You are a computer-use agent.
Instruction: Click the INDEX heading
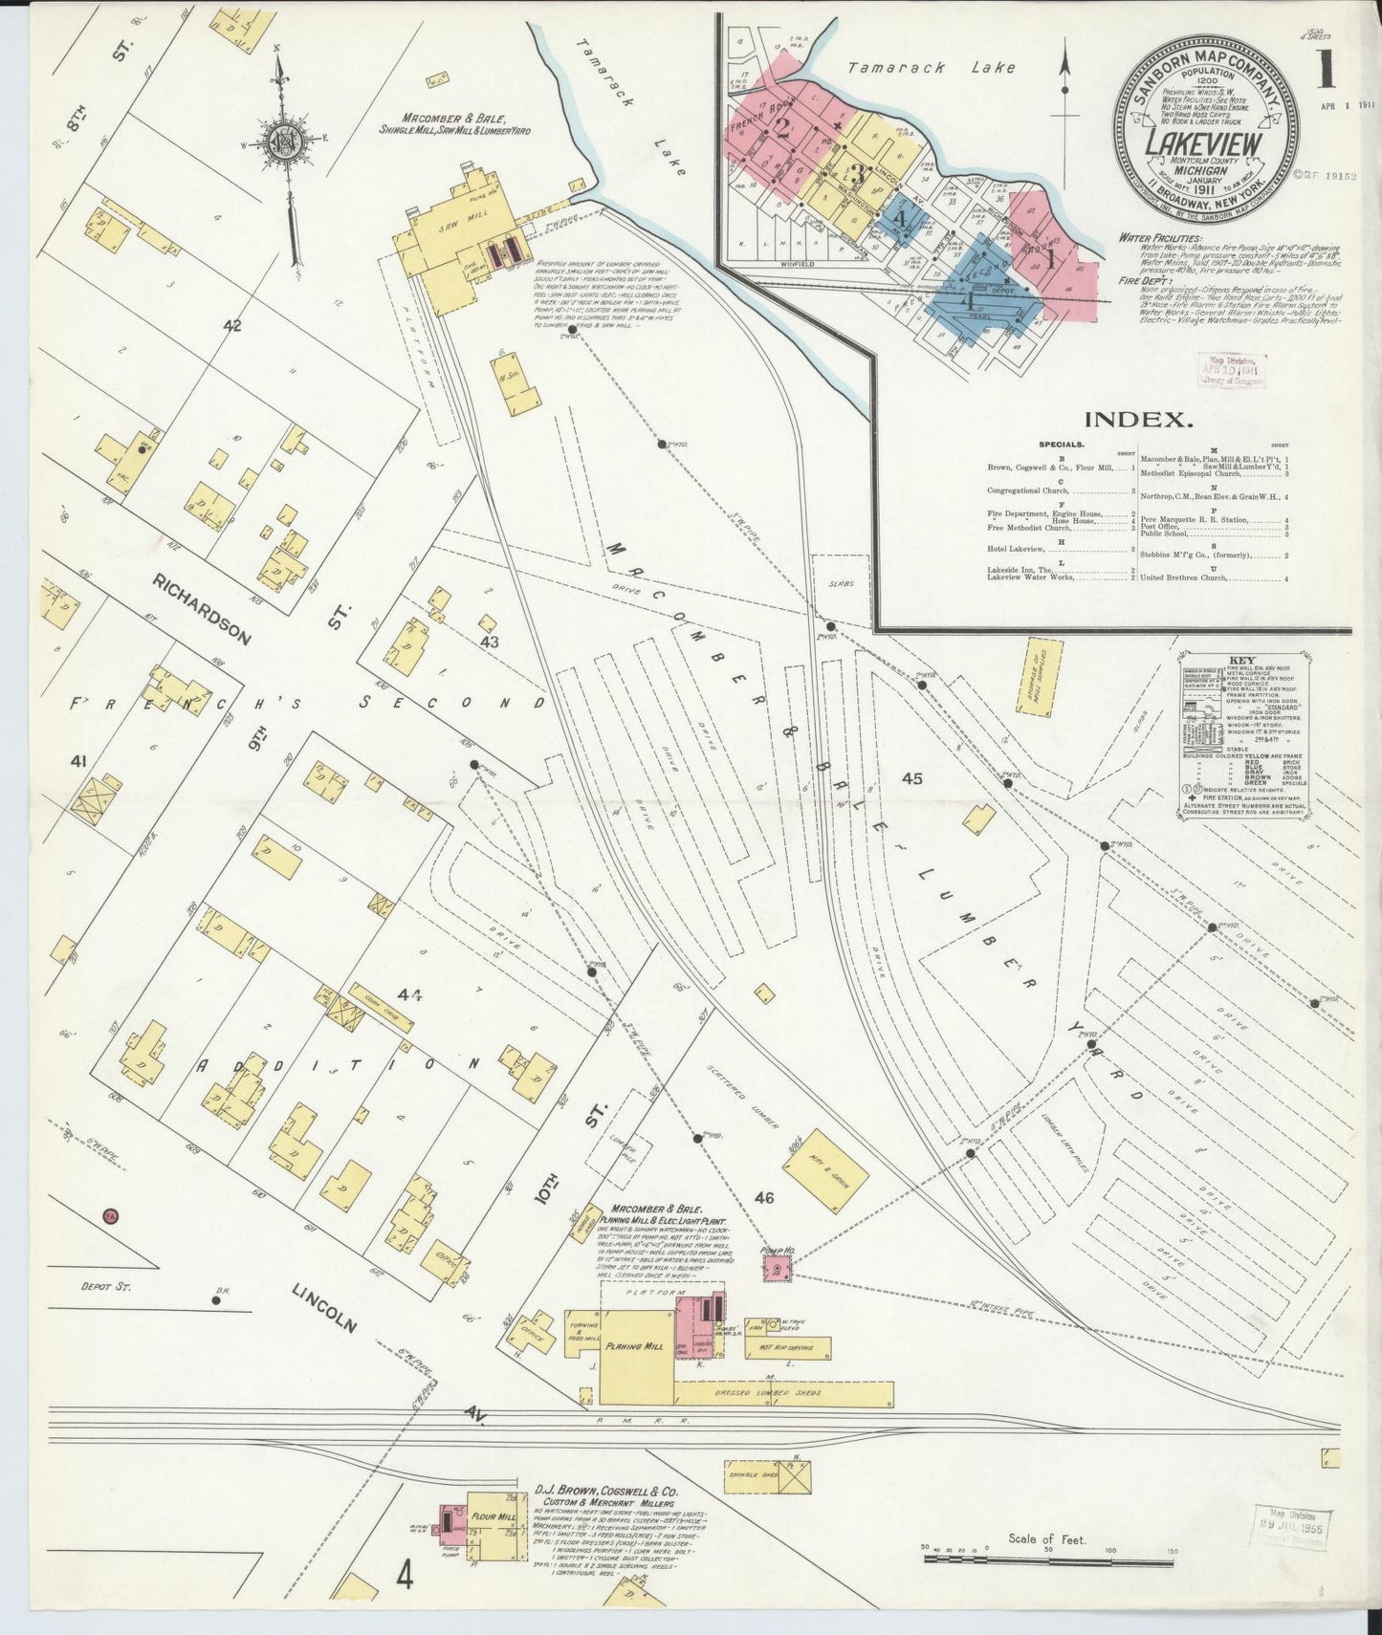(1138, 419)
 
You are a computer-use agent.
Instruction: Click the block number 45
(911, 778)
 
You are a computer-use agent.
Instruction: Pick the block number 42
(232, 325)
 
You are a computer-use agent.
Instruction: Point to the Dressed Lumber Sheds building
(784, 1394)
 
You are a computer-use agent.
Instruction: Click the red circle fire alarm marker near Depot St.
(109, 1217)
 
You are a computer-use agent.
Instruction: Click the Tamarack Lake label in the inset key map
(932, 68)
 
